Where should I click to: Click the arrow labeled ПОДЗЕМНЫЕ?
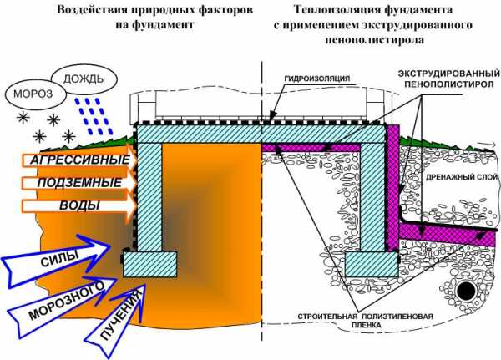pos(71,182)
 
